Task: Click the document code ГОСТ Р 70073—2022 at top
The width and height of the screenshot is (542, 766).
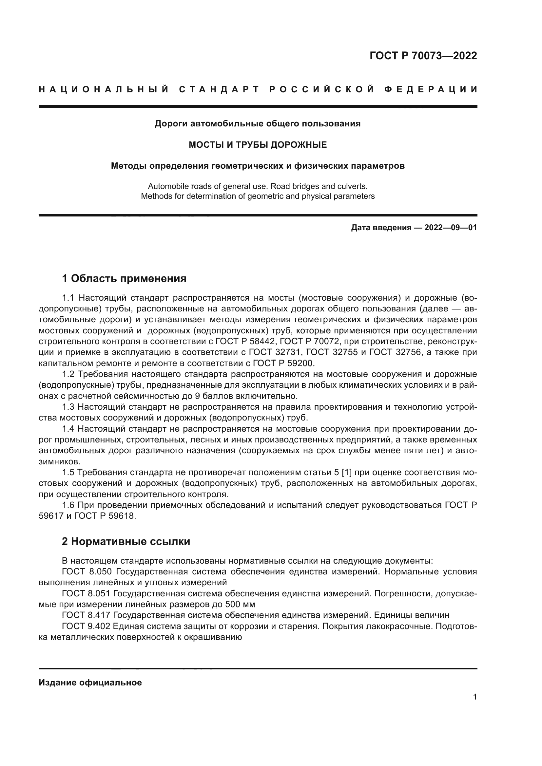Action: click(x=423, y=56)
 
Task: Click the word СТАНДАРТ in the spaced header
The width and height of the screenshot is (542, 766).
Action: click(x=219, y=89)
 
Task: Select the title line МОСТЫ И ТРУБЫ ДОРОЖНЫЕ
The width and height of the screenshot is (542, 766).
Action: click(x=258, y=145)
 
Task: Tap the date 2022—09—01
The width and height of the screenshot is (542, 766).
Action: click(x=451, y=228)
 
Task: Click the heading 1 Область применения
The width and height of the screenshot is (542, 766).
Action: click(x=124, y=278)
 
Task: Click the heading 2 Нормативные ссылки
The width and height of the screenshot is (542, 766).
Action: click(x=126, y=541)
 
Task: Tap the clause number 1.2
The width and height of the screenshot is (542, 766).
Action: click(x=68, y=374)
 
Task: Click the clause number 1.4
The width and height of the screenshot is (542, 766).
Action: click(x=68, y=429)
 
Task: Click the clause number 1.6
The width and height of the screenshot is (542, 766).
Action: click(x=68, y=505)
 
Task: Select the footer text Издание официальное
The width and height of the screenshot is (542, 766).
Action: click(x=90, y=682)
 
